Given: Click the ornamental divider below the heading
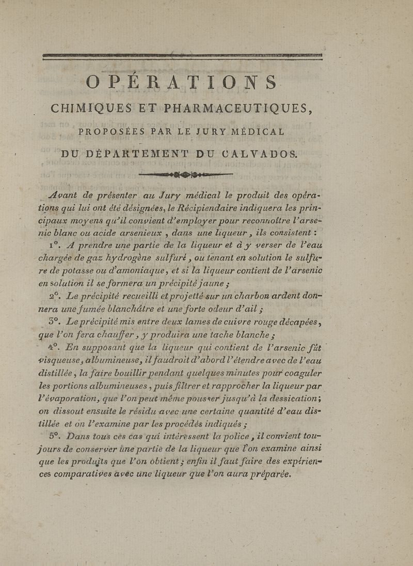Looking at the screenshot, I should point(186,174).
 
